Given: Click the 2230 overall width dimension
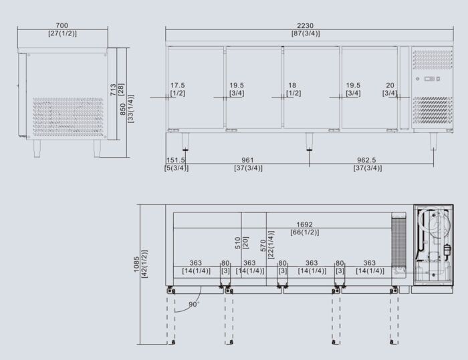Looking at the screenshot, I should (x=305, y=24).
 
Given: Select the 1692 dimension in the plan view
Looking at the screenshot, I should (x=304, y=224).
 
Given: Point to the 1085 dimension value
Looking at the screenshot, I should (x=136, y=266).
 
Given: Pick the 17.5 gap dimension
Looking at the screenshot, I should (x=177, y=85).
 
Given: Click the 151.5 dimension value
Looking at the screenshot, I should (x=177, y=160).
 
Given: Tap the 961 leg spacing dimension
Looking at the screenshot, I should (x=247, y=160).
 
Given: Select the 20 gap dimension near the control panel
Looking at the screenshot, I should (x=390, y=85).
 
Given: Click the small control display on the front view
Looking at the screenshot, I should (x=429, y=79).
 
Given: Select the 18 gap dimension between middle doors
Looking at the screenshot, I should (x=292, y=85).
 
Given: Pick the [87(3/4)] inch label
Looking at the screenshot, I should (x=305, y=33).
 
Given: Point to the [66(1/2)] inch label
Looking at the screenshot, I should (x=304, y=232).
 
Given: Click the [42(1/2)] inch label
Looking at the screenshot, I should (x=145, y=266).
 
